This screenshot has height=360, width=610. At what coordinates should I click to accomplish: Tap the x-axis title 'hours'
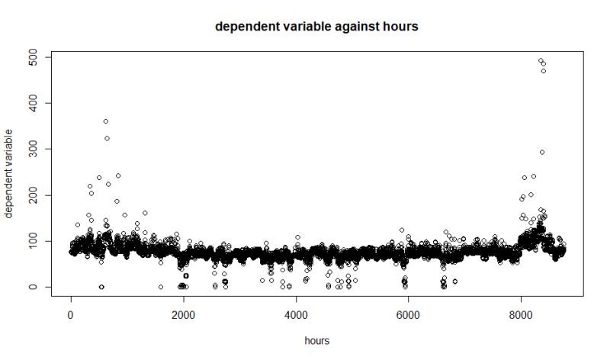pyautogui.click(x=316, y=341)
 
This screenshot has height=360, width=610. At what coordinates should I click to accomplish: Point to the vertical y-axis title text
pyautogui.click(x=10, y=174)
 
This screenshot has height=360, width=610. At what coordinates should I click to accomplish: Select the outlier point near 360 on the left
pyautogui.click(x=105, y=121)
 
